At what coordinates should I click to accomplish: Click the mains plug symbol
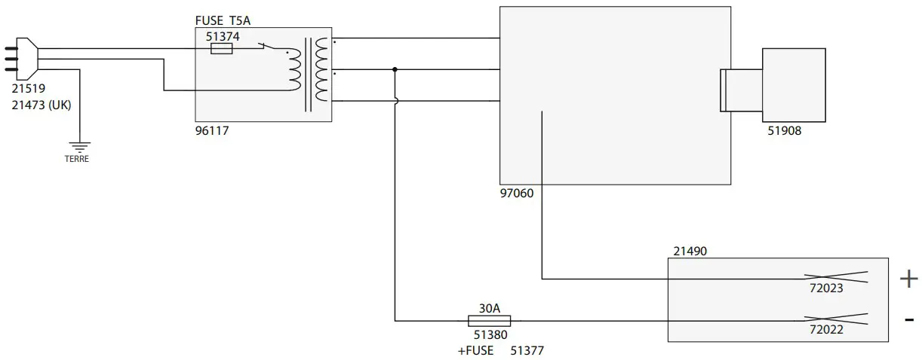pyautogui.click(x=21, y=58)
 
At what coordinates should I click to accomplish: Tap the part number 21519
pyautogui.click(x=29, y=89)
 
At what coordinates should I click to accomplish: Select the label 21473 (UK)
pyautogui.click(x=41, y=105)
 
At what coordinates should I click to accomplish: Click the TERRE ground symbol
pyautogui.click(x=78, y=145)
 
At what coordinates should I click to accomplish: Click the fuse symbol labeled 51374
pyautogui.click(x=221, y=49)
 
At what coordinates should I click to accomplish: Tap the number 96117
pyautogui.click(x=212, y=130)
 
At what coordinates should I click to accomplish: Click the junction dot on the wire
pyautogui.click(x=395, y=69)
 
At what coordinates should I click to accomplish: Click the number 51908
pyautogui.click(x=784, y=131)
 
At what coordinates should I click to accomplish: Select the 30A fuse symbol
pyautogui.click(x=489, y=321)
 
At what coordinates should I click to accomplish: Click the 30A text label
pyautogui.click(x=490, y=308)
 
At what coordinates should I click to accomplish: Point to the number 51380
pyautogui.click(x=490, y=335)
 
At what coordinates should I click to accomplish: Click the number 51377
pyautogui.click(x=527, y=350)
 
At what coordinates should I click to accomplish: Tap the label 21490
pyautogui.click(x=690, y=251)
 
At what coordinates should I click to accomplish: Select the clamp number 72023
pyautogui.click(x=825, y=288)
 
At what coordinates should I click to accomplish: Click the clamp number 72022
pyautogui.click(x=825, y=329)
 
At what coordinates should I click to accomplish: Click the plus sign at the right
pyautogui.click(x=908, y=279)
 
